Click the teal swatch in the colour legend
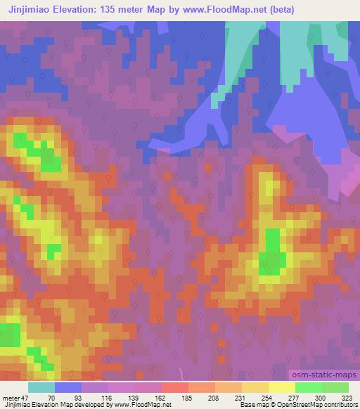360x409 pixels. [41, 387]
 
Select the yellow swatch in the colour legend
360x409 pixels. [282, 387]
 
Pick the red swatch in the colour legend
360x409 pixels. [175, 387]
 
